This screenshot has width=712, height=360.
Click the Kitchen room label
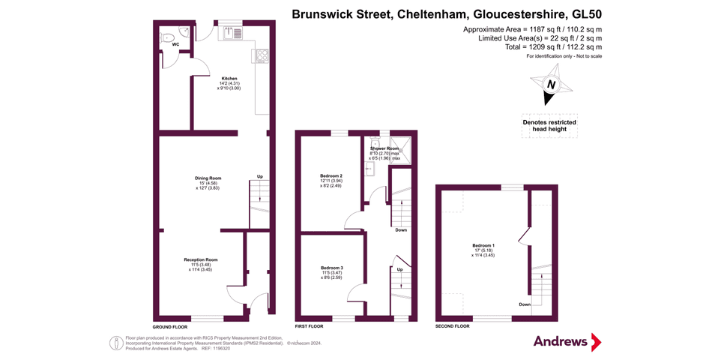pos(229,78)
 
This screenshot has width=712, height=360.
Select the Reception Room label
pos(200,259)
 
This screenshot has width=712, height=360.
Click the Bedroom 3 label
pos(331,268)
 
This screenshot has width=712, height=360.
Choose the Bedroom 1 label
pos(483,246)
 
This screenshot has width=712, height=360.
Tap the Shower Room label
pos(383,148)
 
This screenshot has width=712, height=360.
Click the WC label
pos(175,45)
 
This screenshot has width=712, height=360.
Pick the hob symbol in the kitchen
pos(263,55)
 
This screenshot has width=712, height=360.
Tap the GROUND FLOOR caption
pos(169,327)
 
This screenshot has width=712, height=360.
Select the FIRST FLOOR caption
pos(309,327)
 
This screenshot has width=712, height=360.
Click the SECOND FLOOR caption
pos(453,327)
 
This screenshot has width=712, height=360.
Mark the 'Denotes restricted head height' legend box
pos(549,125)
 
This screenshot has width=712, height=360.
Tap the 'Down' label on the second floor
pos(525,304)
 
